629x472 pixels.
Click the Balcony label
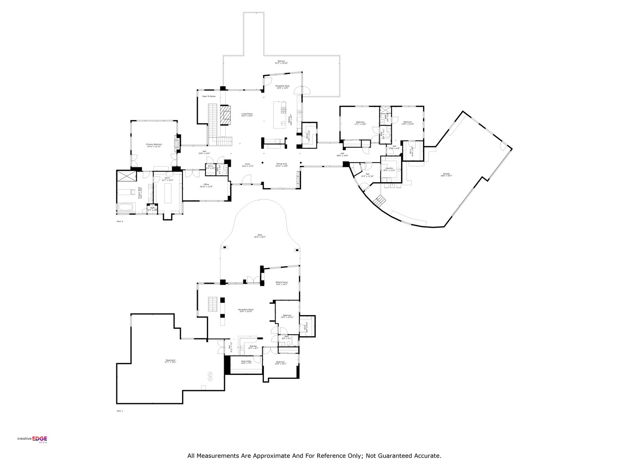click(x=281, y=62)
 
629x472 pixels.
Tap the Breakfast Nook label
click(x=282, y=87)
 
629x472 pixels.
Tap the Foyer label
click(x=248, y=165)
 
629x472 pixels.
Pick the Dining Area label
click(x=281, y=165)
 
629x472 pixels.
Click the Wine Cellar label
click(x=246, y=362)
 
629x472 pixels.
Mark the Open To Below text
click(x=209, y=96)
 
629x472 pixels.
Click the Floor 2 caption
click(x=120, y=221)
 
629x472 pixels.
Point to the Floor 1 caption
click(x=120, y=411)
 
